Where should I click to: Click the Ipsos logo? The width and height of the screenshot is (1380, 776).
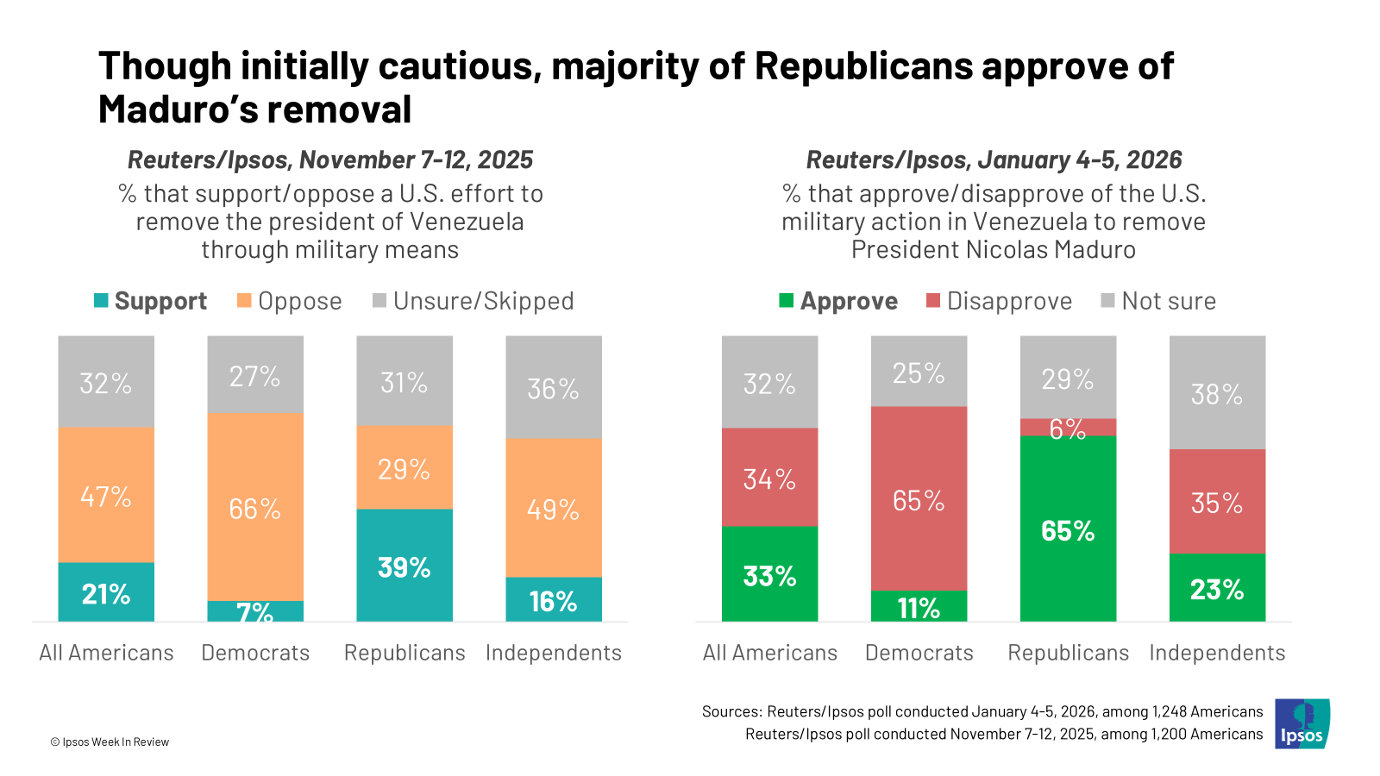coord(1302,723)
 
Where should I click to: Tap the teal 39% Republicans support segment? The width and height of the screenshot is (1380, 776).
coord(404,565)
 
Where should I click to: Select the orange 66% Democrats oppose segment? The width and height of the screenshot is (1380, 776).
coord(255,507)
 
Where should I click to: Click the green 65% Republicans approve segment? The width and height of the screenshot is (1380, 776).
coord(1068,529)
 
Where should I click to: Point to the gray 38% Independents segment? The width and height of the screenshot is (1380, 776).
coord(1217,393)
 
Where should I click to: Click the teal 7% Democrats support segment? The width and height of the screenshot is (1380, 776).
coord(255,611)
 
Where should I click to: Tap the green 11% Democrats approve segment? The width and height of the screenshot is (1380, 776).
coord(919,606)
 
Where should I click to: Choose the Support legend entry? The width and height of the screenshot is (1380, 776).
coord(151,301)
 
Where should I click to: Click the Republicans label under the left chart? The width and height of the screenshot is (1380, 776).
coord(405,653)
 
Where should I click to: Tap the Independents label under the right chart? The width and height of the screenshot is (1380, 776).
coord(1217,653)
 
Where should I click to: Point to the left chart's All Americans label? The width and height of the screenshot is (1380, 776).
coord(106,653)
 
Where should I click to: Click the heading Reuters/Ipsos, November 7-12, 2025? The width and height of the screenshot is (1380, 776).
coord(330,160)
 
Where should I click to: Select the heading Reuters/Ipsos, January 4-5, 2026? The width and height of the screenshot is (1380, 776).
coord(994,160)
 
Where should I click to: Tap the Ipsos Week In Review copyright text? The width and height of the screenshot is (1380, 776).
coord(110,742)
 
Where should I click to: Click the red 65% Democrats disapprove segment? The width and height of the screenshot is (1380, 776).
coord(919,499)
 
